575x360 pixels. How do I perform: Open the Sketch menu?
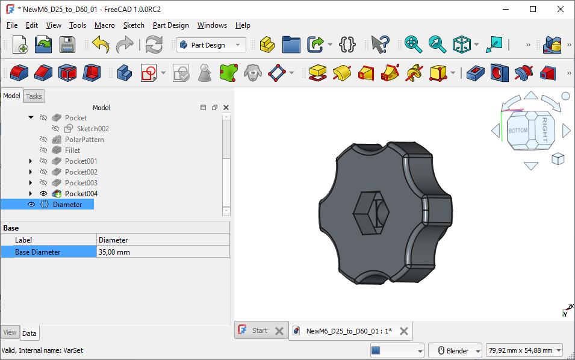(134, 25)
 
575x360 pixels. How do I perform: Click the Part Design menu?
(170, 25)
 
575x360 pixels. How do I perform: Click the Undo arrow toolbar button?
(101, 45)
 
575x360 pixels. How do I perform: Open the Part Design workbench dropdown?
(211, 45)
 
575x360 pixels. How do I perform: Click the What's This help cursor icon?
(380, 45)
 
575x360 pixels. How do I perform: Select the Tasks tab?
(34, 96)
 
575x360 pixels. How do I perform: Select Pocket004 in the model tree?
(81, 194)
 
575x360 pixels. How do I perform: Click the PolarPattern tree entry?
(84, 140)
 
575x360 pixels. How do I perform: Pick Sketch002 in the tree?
(93, 129)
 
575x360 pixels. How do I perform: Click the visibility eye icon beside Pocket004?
(43, 194)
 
